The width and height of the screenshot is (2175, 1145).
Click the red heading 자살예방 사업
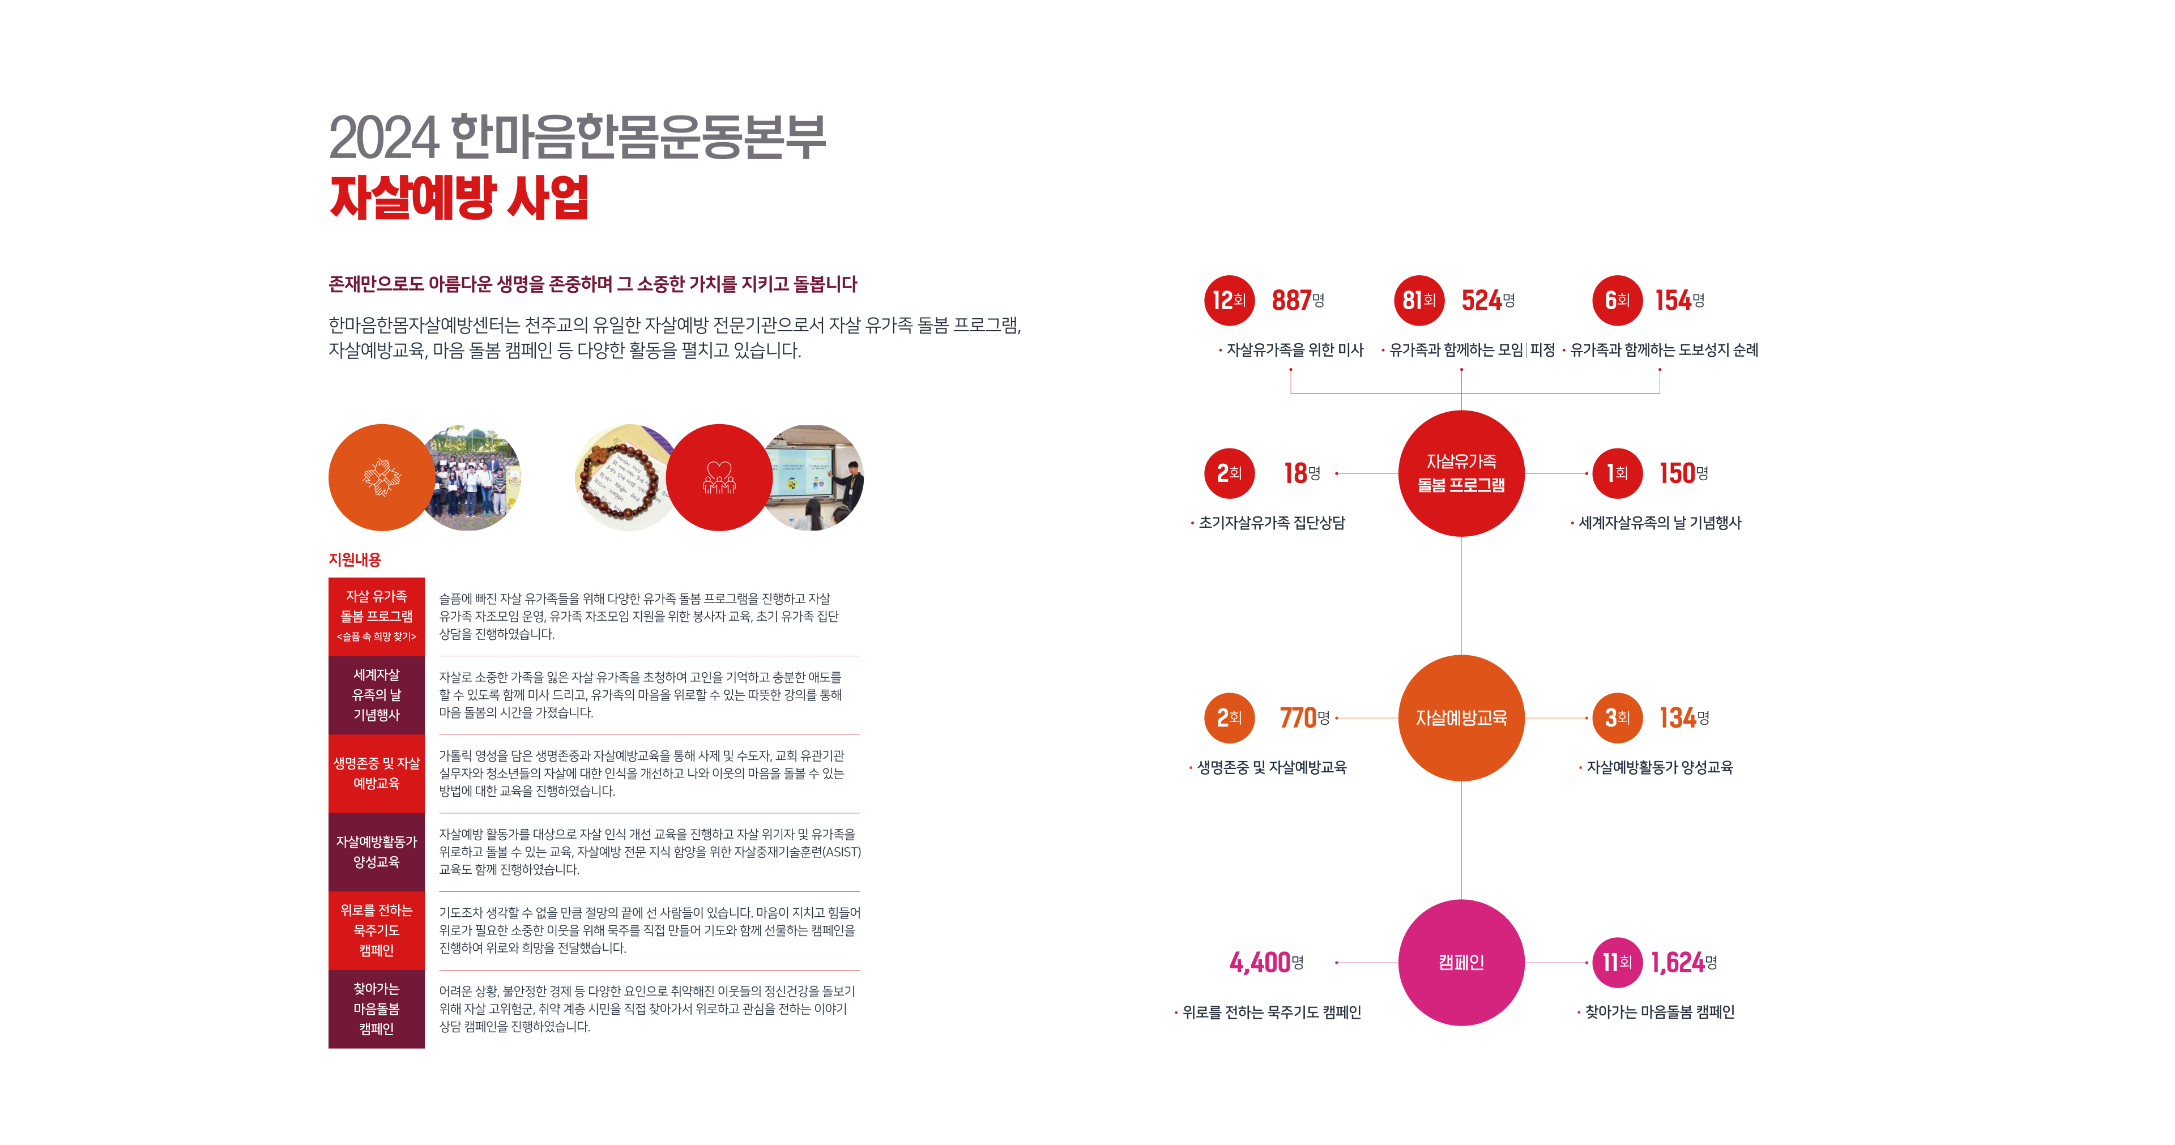(x=458, y=198)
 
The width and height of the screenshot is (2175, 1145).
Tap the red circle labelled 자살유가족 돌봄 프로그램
(x=1461, y=473)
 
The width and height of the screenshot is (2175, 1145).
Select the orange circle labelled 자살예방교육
(x=1461, y=717)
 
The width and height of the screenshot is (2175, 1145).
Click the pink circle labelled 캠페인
(x=1461, y=963)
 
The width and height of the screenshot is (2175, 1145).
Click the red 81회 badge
(x=1418, y=301)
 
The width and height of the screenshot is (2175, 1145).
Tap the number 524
(x=1482, y=301)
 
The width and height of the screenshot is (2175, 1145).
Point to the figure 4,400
(x=1260, y=963)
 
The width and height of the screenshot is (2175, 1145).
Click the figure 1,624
(x=1678, y=963)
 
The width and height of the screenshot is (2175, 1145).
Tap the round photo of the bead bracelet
(x=622, y=478)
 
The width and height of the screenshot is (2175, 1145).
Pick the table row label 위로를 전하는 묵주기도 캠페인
(x=377, y=930)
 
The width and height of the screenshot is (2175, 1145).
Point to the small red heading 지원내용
(x=355, y=560)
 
